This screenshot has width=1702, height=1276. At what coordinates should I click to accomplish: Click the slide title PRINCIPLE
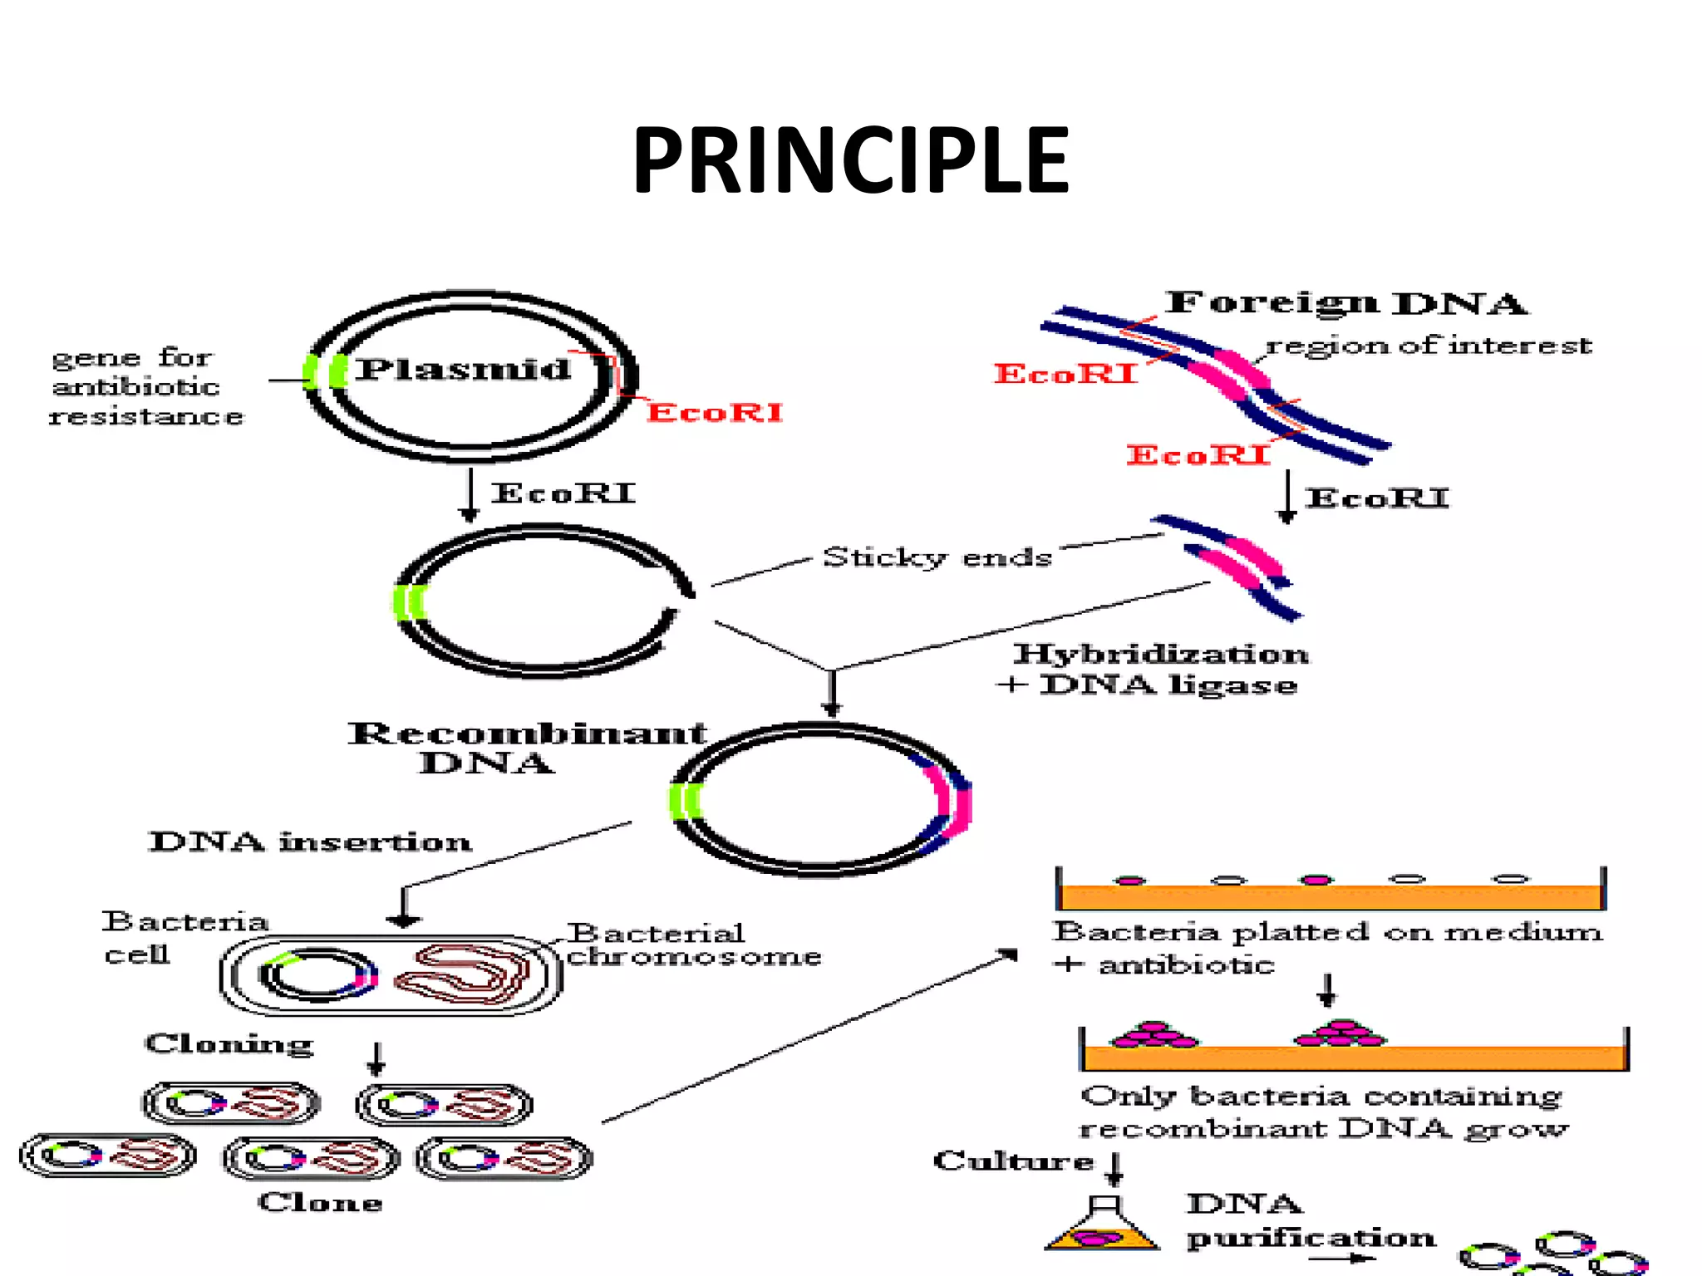pyautogui.click(x=850, y=160)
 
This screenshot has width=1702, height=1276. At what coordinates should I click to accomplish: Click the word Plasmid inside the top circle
pyautogui.click(x=463, y=369)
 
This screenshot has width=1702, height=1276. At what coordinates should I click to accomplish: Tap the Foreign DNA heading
pyautogui.click(x=1345, y=303)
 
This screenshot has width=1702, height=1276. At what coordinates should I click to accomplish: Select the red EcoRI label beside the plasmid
pyautogui.click(x=715, y=413)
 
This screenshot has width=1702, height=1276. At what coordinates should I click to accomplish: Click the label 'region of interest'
pyautogui.click(x=1428, y=345)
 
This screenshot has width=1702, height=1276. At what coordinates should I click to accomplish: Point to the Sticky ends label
pyautogui.click(x=937, y=557)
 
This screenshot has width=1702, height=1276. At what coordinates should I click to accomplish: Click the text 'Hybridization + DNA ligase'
pyautogui.click(x=1155, y=670)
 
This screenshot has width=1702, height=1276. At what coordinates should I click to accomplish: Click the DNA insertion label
pyautogui.click(x=310, y=842)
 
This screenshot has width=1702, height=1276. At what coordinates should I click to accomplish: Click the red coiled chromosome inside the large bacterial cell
pyautogui.click(x=462, y=974)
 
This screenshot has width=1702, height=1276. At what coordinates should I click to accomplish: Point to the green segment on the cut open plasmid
pyautogui.click(x=409, y=602)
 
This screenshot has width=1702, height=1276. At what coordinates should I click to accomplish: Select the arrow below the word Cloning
pyautogui.click(x=376, y=1059)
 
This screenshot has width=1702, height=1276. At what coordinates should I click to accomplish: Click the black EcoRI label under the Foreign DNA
pyautogui.click(x=1376, y=498)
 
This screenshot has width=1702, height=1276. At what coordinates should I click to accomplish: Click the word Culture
pyautogui.click(x=1013, y=1161)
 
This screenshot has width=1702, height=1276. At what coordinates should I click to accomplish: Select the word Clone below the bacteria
pyautogui.click(x=320, y=1202)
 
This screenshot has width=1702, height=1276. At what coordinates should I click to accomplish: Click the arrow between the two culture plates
pyautogui.click(x=1326, y=989)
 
